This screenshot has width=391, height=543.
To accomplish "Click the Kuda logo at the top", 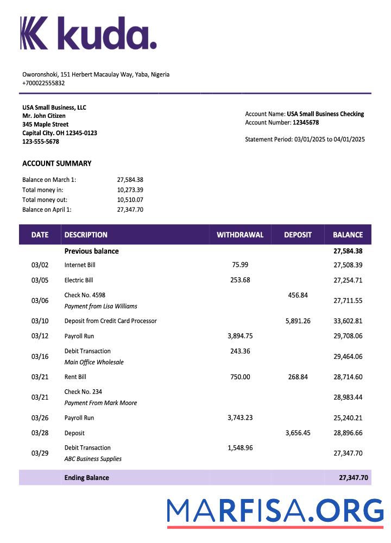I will pos(89,33).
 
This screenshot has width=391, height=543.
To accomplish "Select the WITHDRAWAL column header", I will pos(240,235).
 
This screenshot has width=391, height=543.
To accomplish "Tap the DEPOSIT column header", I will pos(298,235).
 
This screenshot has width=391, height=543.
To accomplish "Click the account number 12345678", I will pos(306,123).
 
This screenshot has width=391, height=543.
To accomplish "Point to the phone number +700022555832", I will pos(43,83).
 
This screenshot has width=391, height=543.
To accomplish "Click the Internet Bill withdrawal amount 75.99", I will pos(240,265).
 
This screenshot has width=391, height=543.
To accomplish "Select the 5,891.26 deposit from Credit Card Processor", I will pos(298,321).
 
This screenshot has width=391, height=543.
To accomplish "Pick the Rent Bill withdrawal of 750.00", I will pos(240,377).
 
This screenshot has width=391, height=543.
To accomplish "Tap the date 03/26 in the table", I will pos(40,418).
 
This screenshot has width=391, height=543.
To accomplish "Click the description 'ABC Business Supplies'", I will pos(93,459).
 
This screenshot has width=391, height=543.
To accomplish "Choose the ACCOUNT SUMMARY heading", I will pos(57,163).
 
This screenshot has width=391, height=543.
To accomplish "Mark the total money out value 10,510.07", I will pos(130,200).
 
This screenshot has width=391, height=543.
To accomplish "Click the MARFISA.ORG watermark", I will pos(275,512).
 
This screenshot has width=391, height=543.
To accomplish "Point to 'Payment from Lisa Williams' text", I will pos(100,306).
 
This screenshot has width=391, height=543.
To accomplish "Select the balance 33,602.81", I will pos(348,321).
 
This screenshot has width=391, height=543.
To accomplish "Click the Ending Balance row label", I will pos(86,478).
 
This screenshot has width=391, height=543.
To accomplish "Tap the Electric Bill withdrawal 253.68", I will pos(240,280).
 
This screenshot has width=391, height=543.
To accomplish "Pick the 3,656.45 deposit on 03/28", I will pos(298,433).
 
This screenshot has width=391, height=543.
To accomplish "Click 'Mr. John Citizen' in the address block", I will pos(44,116).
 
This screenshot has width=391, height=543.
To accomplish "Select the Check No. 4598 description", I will pos(85,295).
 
